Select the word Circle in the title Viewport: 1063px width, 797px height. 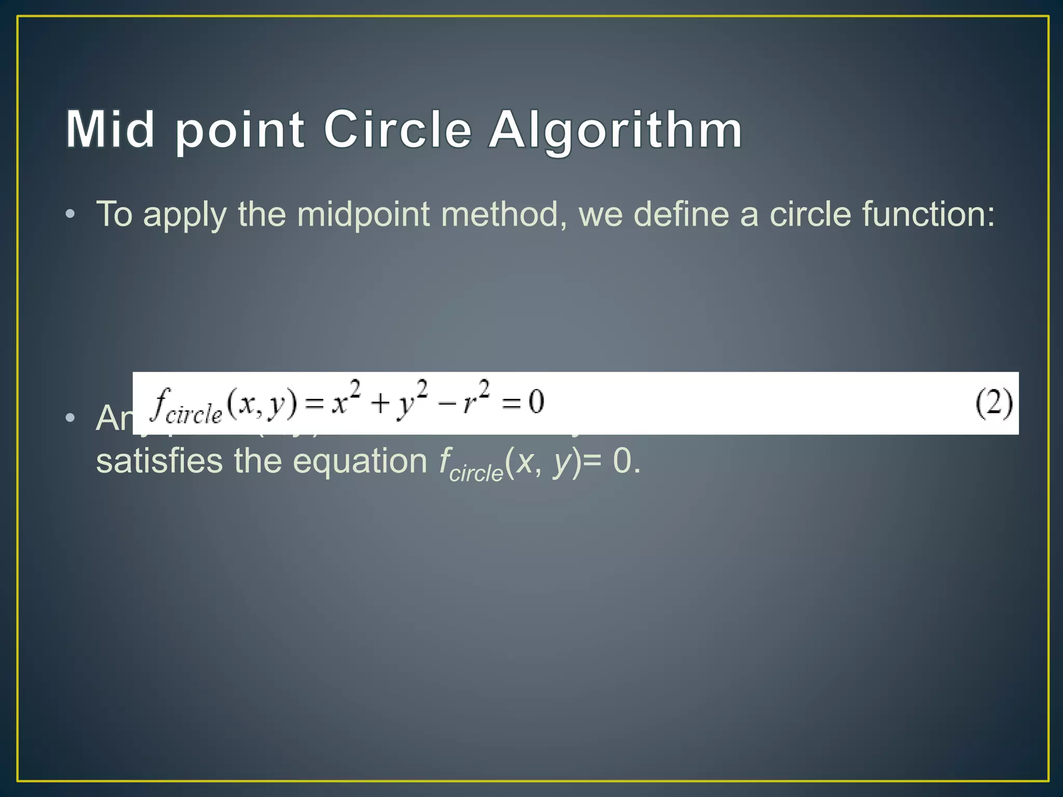(398, 129)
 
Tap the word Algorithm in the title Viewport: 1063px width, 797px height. (616, 131)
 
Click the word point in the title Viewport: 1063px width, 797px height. (239, 132)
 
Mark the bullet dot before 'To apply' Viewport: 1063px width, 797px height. (71, 214)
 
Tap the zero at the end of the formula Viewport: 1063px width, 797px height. (536, 402)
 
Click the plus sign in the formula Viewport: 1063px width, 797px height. (380, 404)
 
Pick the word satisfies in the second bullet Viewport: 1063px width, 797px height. (159, 461)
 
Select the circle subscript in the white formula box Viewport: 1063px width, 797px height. (193, 415)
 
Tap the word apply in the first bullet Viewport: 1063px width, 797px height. (185, 215)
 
